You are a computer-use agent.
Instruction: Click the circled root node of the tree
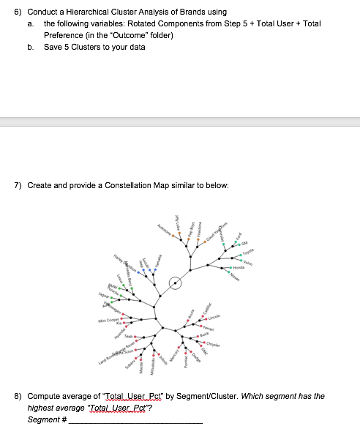pos(176,283)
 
